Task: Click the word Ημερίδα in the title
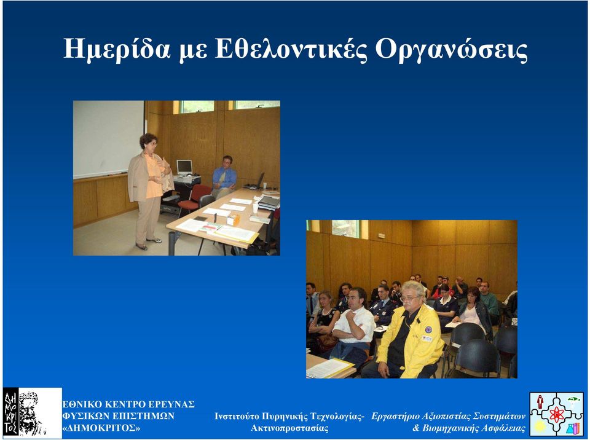point(118,49)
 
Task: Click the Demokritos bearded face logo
point(32,413)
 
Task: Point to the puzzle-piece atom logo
point(556,414)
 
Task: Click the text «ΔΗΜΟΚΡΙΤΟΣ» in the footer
point(101,428)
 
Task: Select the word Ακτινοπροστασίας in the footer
point(289,428)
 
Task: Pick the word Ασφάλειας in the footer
point(504,428)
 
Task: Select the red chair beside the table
point(194,198)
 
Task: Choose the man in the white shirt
point(353,324)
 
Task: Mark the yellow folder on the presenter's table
point(237,234)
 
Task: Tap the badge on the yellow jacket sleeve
point(428,329)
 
